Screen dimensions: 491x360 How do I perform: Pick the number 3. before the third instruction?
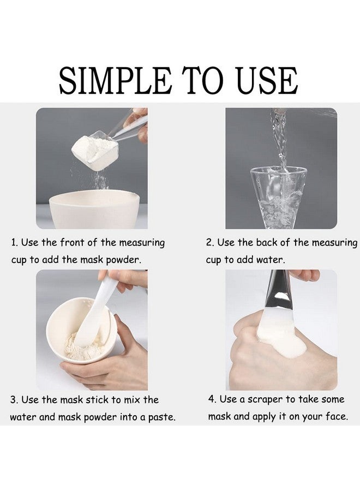pyautogui.click(x=14, y=400)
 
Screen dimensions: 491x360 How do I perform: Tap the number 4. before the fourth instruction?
pyautogui.click(x=212, y=399)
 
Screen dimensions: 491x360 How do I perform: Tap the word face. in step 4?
pyautogui.click(x=334, y=417)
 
